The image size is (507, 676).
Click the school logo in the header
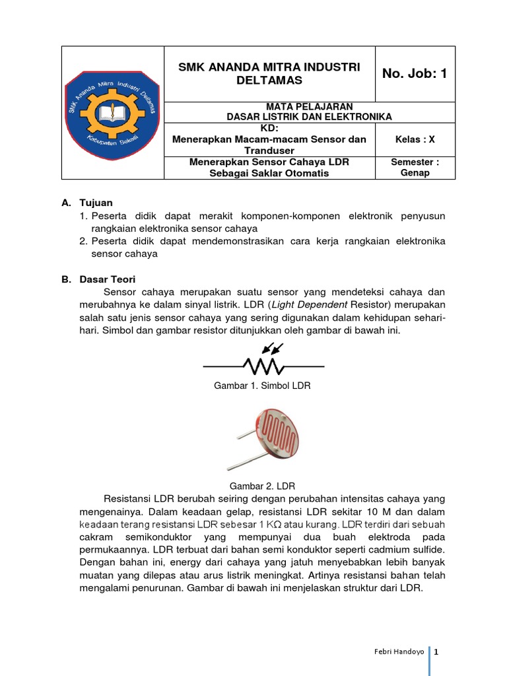[x=112, y=113]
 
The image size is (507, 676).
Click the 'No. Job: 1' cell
[x=415, y=74]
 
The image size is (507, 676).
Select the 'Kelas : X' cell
[x=415, y=139]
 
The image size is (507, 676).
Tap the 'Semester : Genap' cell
[x=415, y=168]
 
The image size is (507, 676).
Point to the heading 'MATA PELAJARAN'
[x=309, y=106]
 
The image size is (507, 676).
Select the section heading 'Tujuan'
[x=96, y=203]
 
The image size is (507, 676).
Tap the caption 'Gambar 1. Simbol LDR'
[x=263, y=386]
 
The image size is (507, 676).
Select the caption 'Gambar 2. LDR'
[x=263, y=485]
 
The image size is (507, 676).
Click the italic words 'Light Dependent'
[x=310, y=304]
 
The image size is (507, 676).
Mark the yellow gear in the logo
[x=112, y=116]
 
